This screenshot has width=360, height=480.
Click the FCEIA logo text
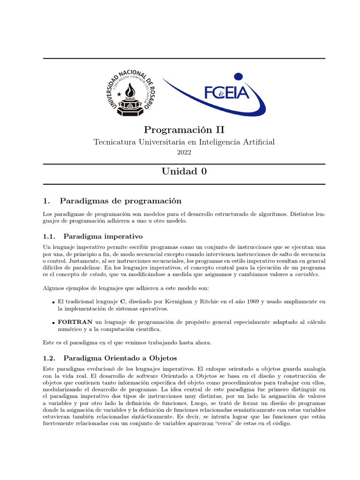click(226, 93)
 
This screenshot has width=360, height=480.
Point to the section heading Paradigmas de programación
click(120, 201)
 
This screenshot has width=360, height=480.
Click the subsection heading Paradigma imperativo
click(103, 236)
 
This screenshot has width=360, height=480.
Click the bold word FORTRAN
click(75, 322)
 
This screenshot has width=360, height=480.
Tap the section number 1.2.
click(49, 358)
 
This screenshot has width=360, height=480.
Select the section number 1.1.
click(49, 236)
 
